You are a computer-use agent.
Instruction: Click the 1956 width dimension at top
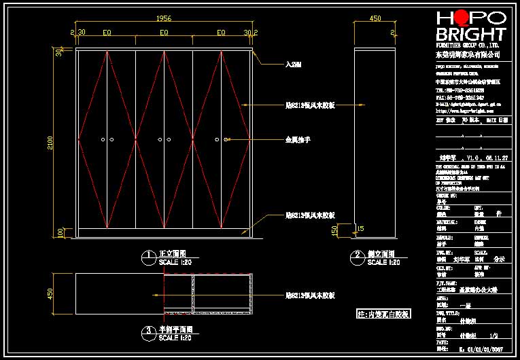pos(163,19)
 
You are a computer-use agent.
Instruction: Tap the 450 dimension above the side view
pos(375,19)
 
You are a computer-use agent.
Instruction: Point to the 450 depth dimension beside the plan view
pos(50,293)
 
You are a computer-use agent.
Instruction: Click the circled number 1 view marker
pos(148,257)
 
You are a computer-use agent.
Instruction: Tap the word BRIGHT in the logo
pos(470,35)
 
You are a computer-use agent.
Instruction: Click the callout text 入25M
pos(293,65)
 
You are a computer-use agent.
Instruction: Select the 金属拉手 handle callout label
pos(297,140)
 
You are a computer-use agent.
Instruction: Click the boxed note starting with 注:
pos(383,314)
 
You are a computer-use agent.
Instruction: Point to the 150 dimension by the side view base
pos(334,232)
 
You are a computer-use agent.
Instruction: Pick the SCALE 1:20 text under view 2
pos(385,262)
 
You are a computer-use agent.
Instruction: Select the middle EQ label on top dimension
pos(164,32)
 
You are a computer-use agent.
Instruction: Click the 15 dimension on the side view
pos(361,228)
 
